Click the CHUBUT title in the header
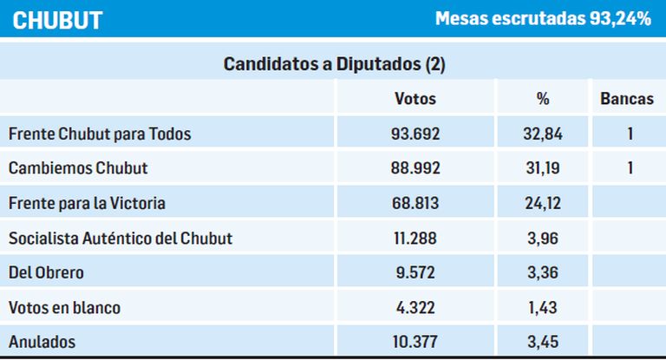click(x=57, y=20)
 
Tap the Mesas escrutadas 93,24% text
click(x=543, y=19)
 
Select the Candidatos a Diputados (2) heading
click(x=334, y=64)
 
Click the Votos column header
click(x=415, y=99)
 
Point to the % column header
click(x=543, y=99)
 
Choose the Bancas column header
click(x=627, y=99)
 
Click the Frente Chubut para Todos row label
click(x=99, y=134)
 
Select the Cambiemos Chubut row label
click(x=77, y=168)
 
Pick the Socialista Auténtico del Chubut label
click(x=120, y=238)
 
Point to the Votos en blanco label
click(x=64, y=307)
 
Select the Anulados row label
click(x=41, y=342)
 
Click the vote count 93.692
click(x=415, y=134)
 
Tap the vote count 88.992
click(x=415, y=168)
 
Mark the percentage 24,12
click(x=543, y=203)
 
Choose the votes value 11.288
click(x=415, y=238)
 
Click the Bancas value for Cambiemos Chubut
click(x=630, y=168)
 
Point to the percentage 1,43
click(x=543, y=307)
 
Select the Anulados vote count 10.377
click(x=415, y=342)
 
